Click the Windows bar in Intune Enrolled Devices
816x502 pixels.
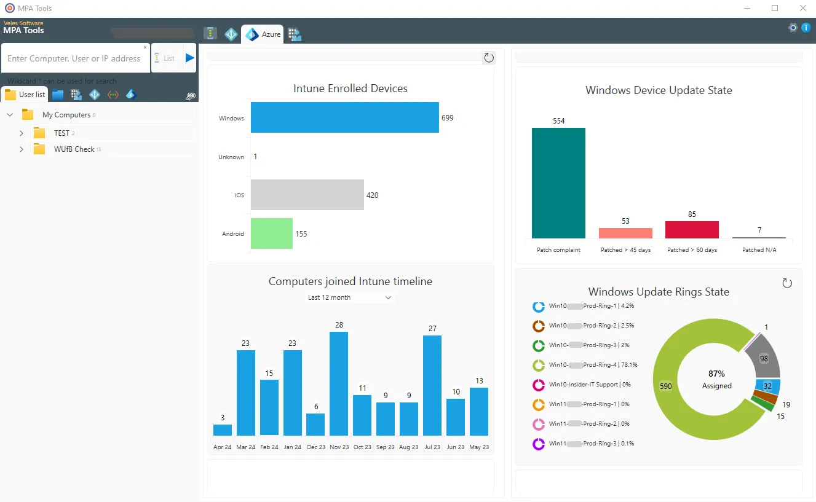coord(344,117)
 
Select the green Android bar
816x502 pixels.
coord(271,233)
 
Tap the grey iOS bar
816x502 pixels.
coord(307,195)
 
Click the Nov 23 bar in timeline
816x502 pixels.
coord(338,383)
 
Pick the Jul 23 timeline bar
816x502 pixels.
coord(432,385)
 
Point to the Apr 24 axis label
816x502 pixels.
coord(222,447)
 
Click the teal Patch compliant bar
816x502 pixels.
coord(558,183)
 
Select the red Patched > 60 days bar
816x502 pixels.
coord(692,230)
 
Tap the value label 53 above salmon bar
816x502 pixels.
coord(625,221)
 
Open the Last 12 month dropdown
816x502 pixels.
coord(349,297)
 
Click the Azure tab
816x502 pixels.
coord(263,34)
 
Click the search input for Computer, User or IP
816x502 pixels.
coord(74,58)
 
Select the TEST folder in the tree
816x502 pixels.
coord(61,133)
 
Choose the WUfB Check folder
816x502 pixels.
coord(74,149)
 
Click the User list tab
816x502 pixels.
coord(25,95)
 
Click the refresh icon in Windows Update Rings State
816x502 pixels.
coord(786,283)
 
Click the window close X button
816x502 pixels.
coord(802,8)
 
